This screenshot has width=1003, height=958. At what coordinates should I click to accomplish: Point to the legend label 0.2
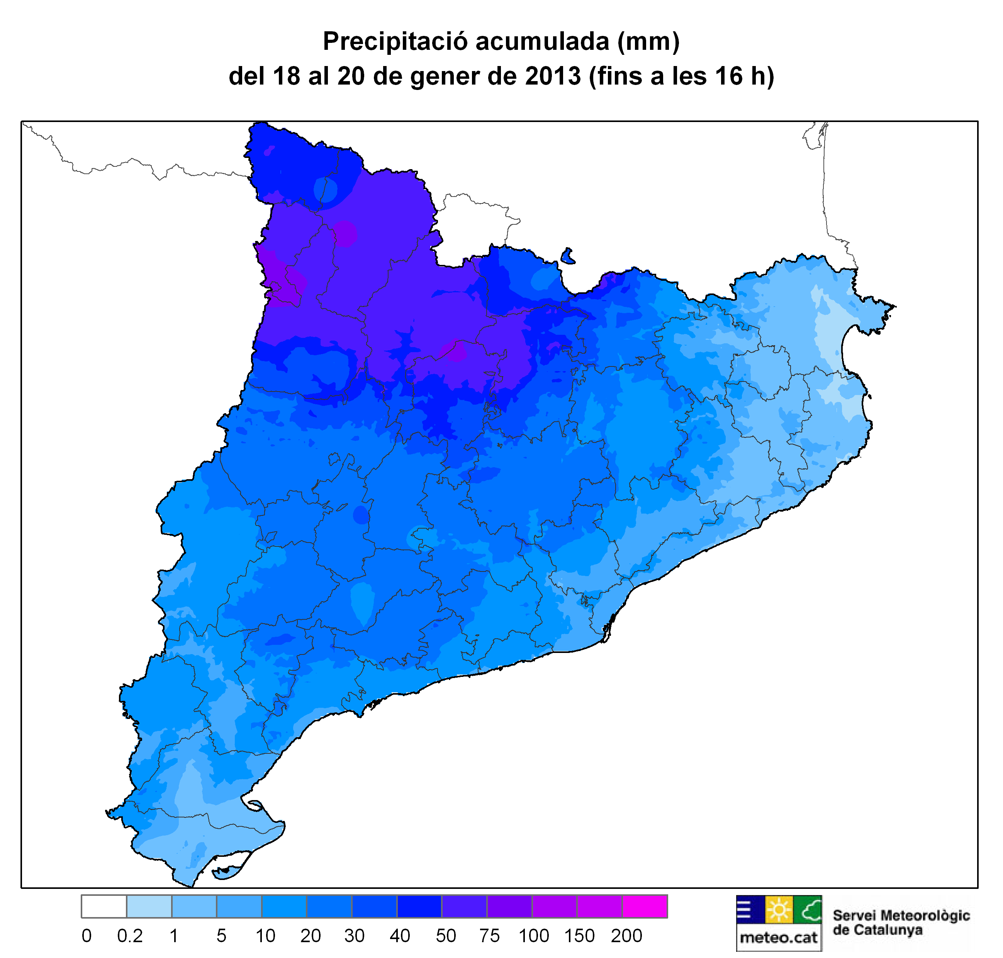pyautogui.click(x=130, y=936)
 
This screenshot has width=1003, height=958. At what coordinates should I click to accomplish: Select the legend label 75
pyautogui.click(x=490, y=936)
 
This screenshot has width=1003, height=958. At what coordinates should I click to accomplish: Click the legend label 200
pyautogui.click(x=626, y=936)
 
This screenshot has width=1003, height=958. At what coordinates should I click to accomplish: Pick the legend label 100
pyautogui.click(x=534, y=936)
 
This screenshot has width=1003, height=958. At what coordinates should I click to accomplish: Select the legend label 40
pyautogui.click(x=399, y=936)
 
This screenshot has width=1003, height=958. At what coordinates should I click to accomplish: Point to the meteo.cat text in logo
pyautogui.click(x=778, y=938)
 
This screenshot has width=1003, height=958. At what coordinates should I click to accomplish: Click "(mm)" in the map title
pyautogui.click(x=648, y=41)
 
